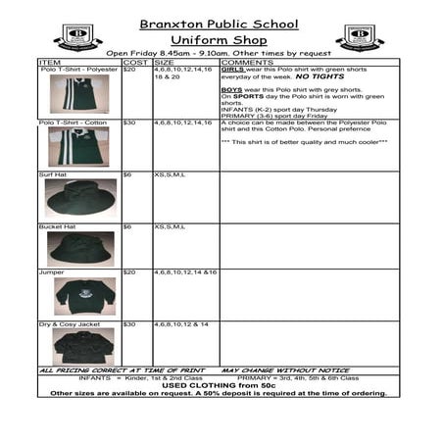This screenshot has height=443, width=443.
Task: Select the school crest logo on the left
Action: tap(73, 37)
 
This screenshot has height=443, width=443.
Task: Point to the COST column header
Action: tap(135, 62)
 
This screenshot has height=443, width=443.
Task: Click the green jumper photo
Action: tap(83, 293)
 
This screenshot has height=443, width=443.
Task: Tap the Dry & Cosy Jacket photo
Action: tap(83, 345)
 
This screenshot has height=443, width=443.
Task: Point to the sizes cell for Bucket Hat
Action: tap(170, 226)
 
